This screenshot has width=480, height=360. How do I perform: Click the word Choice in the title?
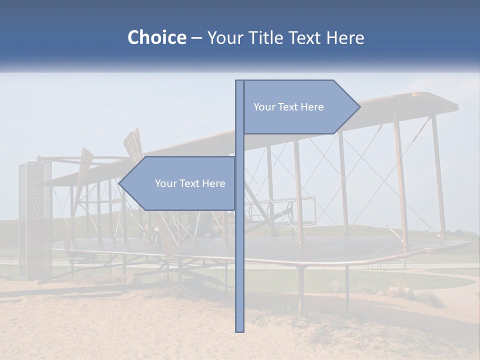(156, 38)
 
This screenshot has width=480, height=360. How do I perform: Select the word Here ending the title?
(345, 38)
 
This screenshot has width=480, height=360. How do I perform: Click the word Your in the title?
(226, 38)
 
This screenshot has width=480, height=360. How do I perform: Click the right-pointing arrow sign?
(300, 107)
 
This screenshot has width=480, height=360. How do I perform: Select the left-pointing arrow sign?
(180, 183)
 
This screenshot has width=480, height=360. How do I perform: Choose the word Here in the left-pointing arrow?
(213, 183)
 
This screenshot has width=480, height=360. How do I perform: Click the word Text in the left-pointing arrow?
(188, 183)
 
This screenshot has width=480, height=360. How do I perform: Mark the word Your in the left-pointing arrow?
(165, 183)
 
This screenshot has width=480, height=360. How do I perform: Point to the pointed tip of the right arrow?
(359, 106)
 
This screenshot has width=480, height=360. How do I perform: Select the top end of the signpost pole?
(239, 82)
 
